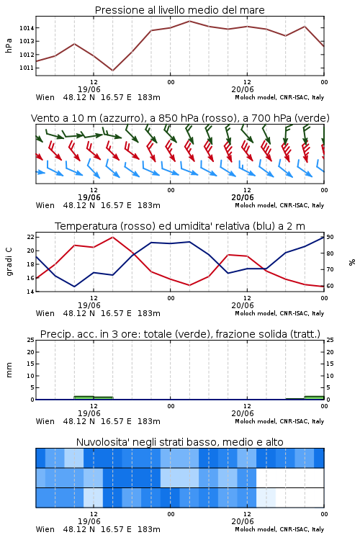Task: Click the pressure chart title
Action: [x=179, y=10]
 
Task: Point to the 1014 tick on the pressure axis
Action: [x=27, y=28]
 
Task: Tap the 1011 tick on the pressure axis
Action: [x=27, y=68]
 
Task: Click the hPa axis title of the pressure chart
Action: [x=9, y=45]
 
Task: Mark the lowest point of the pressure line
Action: [x=112, y=71]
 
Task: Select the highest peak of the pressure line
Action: [x=189, y=21]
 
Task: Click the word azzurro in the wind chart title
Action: [x=120, y=119]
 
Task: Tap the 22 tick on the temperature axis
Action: [x=31, y=237]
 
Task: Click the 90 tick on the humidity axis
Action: [x=330, y=237]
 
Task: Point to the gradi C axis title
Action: [x=9, y=262]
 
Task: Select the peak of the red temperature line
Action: [x=112, y=237]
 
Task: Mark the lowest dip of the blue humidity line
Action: [x=74, y=287]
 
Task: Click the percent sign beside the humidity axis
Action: [x=352, y=262]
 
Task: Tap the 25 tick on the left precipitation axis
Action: [x=31, y=340]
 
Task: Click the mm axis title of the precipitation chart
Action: [x=9, y=370]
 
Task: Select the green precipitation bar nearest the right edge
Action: [x=314, y=397]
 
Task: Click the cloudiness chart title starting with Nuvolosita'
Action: [x=179, y=442]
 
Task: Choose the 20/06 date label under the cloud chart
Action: [x=243, y=521]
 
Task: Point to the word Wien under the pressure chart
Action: [x=45, y=97]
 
